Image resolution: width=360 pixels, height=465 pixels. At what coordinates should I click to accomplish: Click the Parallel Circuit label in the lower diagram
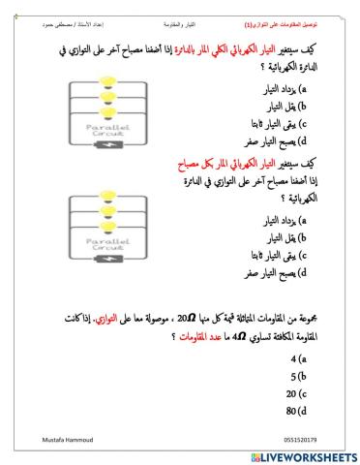(x=112, y=244)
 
